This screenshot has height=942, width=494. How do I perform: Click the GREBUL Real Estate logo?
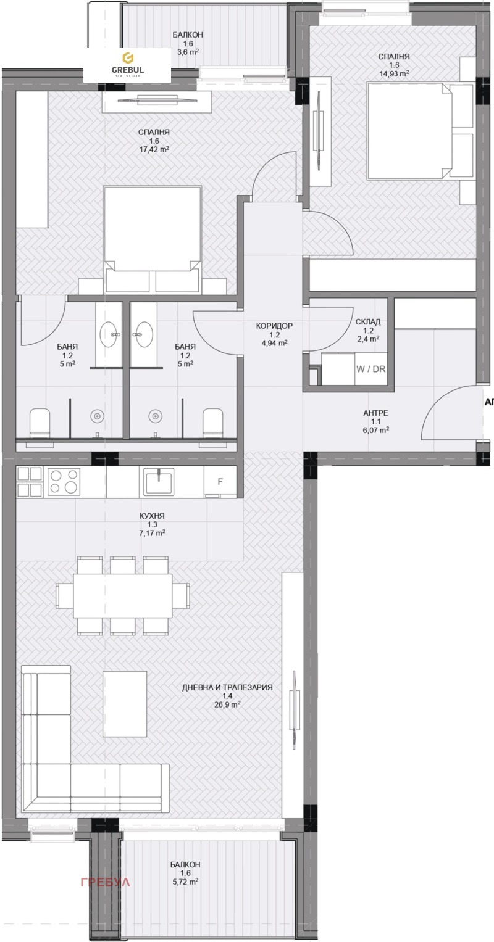(127, 64)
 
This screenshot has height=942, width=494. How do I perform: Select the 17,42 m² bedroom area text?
(154, 149)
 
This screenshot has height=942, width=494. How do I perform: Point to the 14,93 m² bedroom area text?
(393, 73)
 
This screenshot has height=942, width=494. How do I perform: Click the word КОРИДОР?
(274, 326)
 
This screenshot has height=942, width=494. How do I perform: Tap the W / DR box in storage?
(371, 370)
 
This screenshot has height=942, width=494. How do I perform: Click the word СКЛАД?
(368, 321)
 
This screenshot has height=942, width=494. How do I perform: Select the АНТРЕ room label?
(376, 413)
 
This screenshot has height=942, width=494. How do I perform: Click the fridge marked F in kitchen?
(220, 482)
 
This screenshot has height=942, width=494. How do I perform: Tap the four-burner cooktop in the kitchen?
(64, 482)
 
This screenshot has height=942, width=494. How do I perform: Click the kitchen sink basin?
(158, 482)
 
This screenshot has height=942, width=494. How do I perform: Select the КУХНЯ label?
(153, 516)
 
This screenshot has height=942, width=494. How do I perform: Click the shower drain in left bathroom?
(97, 416)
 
